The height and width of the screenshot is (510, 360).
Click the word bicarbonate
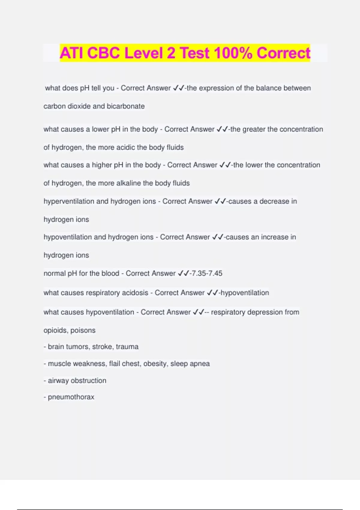coord(126,106)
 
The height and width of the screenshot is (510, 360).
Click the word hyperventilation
coord(69,201)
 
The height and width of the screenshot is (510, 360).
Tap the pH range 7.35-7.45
coord(207,273)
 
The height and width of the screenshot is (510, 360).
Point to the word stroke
coord(102,347)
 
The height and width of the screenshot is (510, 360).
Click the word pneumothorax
coord(71,397)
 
